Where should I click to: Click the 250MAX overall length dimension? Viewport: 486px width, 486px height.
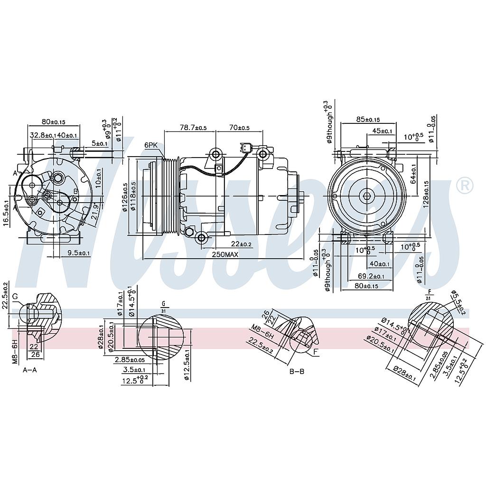click(x=225, y=255)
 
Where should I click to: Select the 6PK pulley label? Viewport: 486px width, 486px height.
click(x=151, y=145)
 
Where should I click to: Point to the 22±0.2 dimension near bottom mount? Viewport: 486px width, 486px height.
click(x=242, y=244)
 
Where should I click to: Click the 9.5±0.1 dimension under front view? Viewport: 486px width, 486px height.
click(x=79, y=253)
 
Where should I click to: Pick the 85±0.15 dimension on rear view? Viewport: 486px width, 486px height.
click(x=368, y=120)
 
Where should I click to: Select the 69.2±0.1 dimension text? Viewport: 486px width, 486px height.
click(x=371, y=276)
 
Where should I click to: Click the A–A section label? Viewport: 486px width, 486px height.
click(x=29, y=370)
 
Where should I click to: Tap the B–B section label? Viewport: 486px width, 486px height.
click(x=297, y=371)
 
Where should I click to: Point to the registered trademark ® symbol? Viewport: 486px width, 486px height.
click(x=464, y=186)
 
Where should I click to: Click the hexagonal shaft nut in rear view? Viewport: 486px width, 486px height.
click(x=366, y=196)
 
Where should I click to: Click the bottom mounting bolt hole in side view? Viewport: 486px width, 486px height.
click(x=202, y=238)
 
